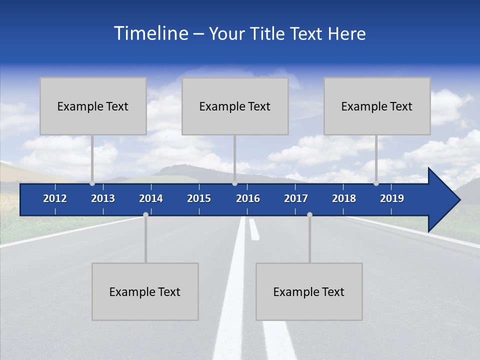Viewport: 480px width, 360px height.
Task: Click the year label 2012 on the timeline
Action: tap(55, 198)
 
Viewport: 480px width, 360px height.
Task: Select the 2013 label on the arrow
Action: tap(103, 198)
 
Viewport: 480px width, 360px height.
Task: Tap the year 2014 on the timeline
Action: tap(151, 198)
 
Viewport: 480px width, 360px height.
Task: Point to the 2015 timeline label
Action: tap(199, 198)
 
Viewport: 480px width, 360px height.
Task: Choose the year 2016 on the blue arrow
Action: tap(248, 198)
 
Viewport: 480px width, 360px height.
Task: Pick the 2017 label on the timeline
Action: tap(296, 198)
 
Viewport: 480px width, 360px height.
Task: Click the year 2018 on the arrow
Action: tap(344, 198)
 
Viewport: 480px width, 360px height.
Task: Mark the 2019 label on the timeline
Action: tap(392, 198)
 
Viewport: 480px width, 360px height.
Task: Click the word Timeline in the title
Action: tap(150, 33)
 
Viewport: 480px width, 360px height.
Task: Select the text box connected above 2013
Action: tap(93, 106)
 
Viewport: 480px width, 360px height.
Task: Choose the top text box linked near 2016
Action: tap(235, 106)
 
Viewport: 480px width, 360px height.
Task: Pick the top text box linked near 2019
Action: tap(377, 106)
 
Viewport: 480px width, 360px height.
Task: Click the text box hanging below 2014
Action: tap(145, 291)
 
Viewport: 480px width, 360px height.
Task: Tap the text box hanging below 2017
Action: tap(309, 291)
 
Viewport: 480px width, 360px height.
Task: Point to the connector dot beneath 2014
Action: tap(145, 214)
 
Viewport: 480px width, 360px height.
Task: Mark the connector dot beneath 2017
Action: tap(309, 214)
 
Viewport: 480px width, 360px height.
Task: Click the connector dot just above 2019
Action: tap(376, 183)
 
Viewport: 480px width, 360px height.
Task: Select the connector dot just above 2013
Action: tap(92, 183)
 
